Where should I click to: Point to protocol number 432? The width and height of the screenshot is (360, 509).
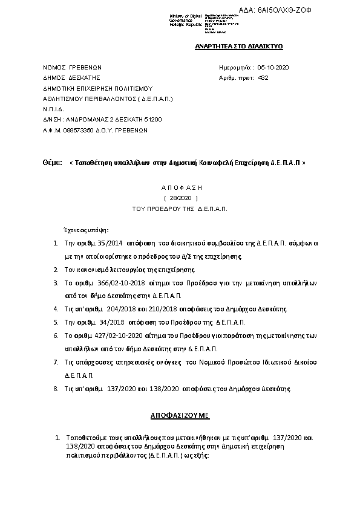(263, 77)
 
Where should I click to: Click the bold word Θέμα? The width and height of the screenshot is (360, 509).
(53, 163)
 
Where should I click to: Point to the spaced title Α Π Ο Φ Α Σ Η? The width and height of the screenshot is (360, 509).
(182, 188)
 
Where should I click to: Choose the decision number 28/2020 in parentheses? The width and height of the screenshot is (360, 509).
(181, 198)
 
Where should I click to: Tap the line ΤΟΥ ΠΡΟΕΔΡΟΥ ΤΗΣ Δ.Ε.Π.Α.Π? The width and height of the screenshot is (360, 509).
(180, 208)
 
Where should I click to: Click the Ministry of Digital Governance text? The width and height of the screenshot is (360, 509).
(185, 19)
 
